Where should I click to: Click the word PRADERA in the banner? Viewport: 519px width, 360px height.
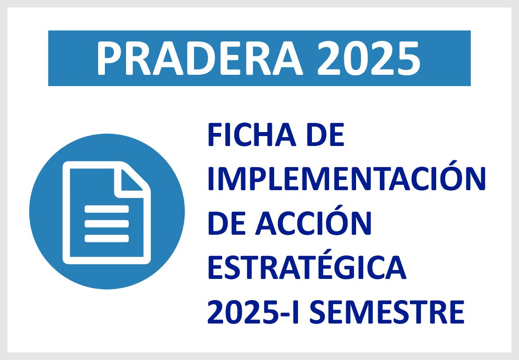pyautogui.click(x=199, y=59)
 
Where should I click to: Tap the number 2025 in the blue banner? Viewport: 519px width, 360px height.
pyautogui.click(x=369, y=59)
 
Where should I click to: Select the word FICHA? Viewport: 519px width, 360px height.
pyautogui.click(x=252, y=135)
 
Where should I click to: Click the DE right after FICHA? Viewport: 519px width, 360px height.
pyautogui.click(x=326, y=135)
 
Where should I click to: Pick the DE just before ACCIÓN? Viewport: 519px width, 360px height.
pyautogui.click(x=227, y=224)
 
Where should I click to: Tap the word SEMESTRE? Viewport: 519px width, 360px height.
pyautogui.click(x=387, y=312)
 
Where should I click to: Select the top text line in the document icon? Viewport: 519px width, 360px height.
pyautogui.click(x=107, y=209)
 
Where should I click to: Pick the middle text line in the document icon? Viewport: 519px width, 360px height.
pyautogui.click(x=107, y=223)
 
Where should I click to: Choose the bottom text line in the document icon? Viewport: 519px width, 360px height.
pyautogui.click(x=107, y=238)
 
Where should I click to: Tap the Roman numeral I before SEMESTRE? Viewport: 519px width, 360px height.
pyautogui.click(x=295, y=312)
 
